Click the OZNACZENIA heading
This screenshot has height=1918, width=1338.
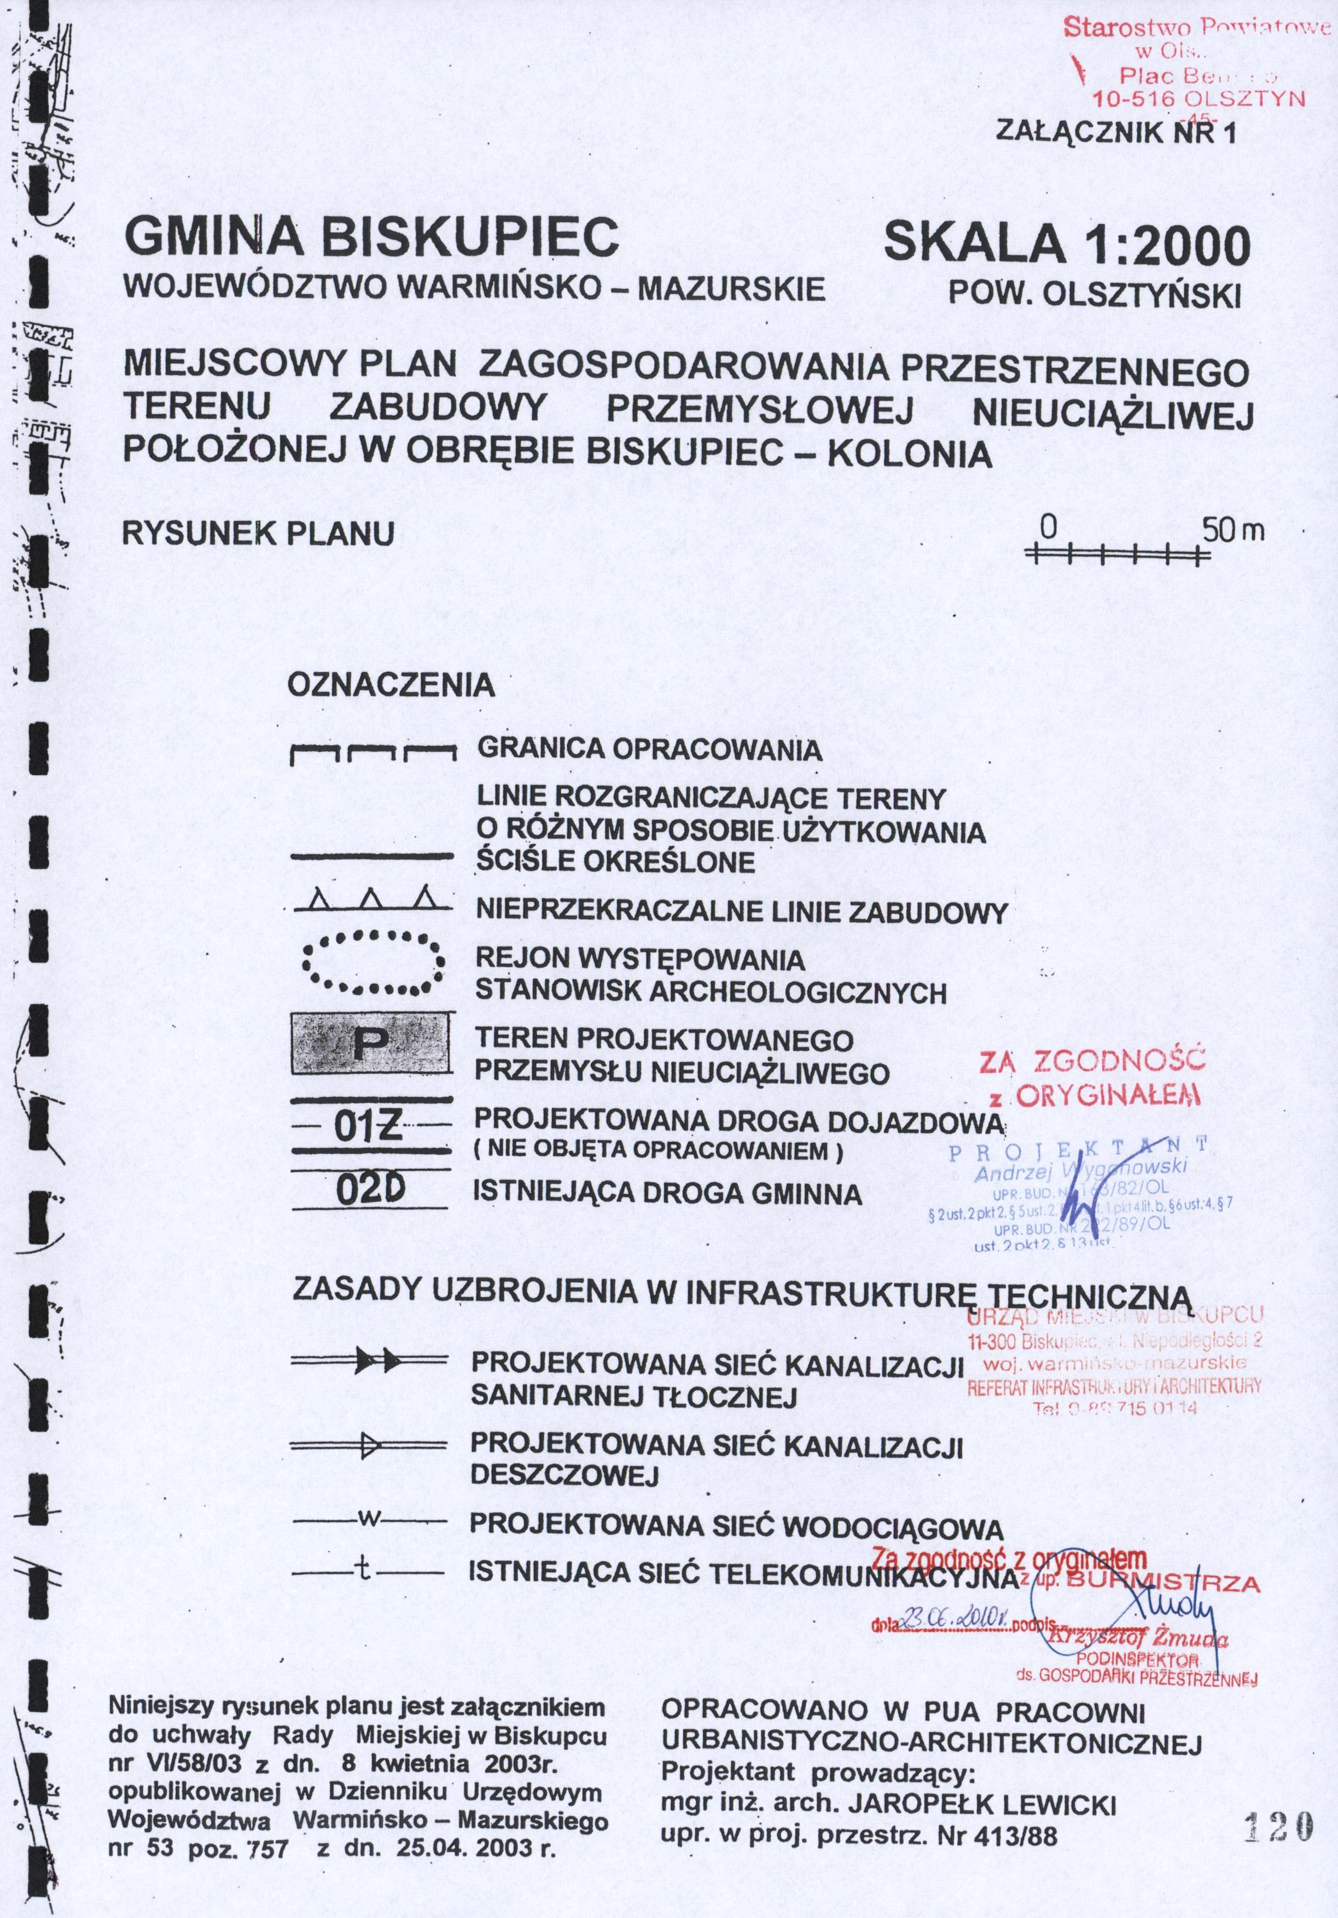pyautogui.click(x=391, y=686)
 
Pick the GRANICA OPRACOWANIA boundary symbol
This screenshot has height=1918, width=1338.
pyautogui.click(x=373, y=754)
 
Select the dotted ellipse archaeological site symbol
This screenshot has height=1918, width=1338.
pyautogui.click(x=371, y=962)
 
